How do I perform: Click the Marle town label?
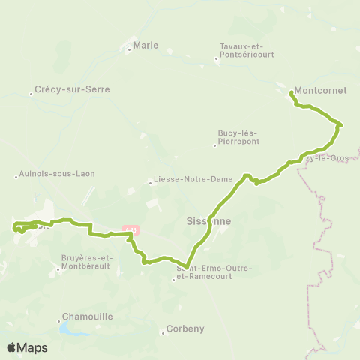point(146,46)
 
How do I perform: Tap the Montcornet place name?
point(320,90)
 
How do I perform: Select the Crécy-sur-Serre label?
point(73,89)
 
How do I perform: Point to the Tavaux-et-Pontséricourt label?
point(247,50)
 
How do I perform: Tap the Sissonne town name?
point(208,222)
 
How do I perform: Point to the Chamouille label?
point(88,316)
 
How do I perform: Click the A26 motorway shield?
point(131,229)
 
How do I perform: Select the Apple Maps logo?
point(27,347)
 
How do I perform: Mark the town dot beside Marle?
point(129,50)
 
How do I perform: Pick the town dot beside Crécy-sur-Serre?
point(31,94)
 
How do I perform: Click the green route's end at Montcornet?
point(291,92)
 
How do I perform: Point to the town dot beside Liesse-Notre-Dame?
point(149,182)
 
